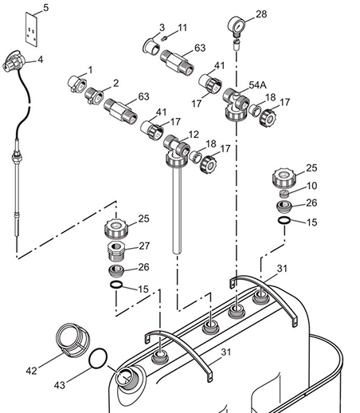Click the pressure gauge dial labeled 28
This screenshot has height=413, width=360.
click(x=237, y=26)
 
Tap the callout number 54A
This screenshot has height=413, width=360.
click(x=257, y=85)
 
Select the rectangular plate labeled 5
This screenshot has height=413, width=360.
click(x=31, y=29)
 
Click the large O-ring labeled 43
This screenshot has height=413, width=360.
click(x=98, y=358)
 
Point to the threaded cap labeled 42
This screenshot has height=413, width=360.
click(x=72, y=340)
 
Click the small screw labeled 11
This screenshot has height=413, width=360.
click(x=164, y=39)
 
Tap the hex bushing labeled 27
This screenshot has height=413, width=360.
click(x=116, y=252)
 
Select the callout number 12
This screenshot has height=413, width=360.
click(x=194, y=135)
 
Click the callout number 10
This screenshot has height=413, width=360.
click(x=312, y=186)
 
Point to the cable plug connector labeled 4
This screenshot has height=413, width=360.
click(x=14, y=61)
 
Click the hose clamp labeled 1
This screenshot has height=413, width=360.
click(x=76, y=84)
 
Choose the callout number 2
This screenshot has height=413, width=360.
click(x=115, y=84)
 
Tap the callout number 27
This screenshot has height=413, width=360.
click(x=144, y=246)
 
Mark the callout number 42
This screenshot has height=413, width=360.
click(x=31, y=371)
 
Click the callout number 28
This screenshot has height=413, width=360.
click(x=261, y=14)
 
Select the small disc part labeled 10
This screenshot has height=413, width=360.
click(x=284, y=193)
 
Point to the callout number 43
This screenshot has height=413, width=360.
click(x=60, y=385)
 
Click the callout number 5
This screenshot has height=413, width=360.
click(x=46, y=8)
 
